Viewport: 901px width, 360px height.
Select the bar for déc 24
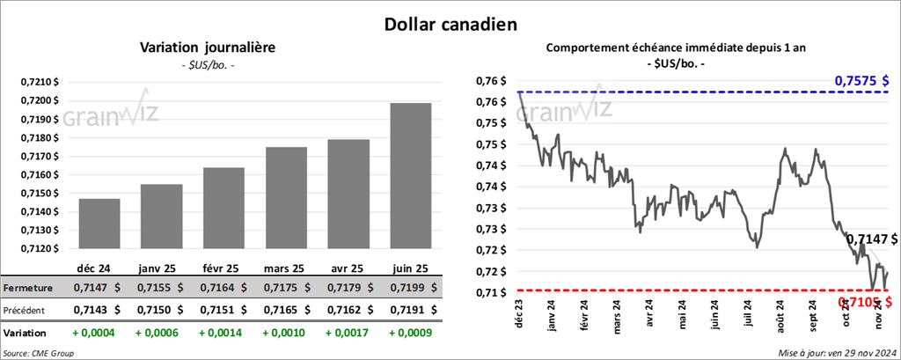[x=99, y=224]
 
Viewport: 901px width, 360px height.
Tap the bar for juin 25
[x=410, y=175]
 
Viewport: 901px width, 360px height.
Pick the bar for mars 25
[x=286, y=197]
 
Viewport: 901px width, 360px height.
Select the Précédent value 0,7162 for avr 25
[x=347, y=310]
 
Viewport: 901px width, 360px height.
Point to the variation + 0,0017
[x=347, y=334]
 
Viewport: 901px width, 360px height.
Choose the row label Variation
[x=26, y=334]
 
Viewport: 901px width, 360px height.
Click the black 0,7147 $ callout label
[x=871, y=239]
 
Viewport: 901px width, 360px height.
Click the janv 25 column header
[x=160, y=267]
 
